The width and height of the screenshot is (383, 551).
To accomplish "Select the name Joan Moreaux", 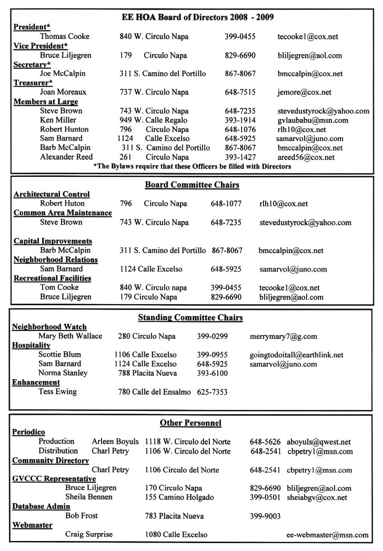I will pyautogui.click(x=63, y=92).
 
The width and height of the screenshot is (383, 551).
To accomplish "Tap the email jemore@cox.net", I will pyautogui.click(x=305, y=92).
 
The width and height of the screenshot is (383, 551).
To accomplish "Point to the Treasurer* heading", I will pyautogui.click(x=33, y=83).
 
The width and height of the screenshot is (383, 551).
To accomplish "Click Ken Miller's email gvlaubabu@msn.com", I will pyautogui.click(x=313, y=121).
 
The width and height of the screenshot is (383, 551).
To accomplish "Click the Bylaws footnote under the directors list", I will pyautogui.click(x=191, y=167).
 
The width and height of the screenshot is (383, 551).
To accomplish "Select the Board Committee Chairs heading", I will pyautogui.click(x=192, y=185).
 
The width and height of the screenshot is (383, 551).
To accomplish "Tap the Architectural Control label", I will pyautogui.click(x=52, y=194).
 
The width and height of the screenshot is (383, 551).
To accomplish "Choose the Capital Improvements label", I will pyautogui.click(x=53, y=241).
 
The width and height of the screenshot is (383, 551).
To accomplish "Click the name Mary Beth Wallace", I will pyautogui.click(x=70, y=336).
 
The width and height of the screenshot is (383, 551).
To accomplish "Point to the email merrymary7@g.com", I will pyautogui.click(x=283, y=336).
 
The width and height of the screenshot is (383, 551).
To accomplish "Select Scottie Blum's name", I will pyautogui.click(x=59, y=355).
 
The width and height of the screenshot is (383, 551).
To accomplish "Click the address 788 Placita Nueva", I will pyautogui.click(x=147, y=374).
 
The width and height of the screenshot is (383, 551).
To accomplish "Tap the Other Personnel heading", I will pyautogui.click(x=190, y=423).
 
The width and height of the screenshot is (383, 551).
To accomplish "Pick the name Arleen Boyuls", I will pyautogui.click(x=115, y=442).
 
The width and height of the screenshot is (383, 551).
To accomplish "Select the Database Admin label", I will pyautogui.click(x=41, y=507).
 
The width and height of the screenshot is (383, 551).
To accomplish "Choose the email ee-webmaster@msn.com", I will pyautogui.click(x=327, y=535).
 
